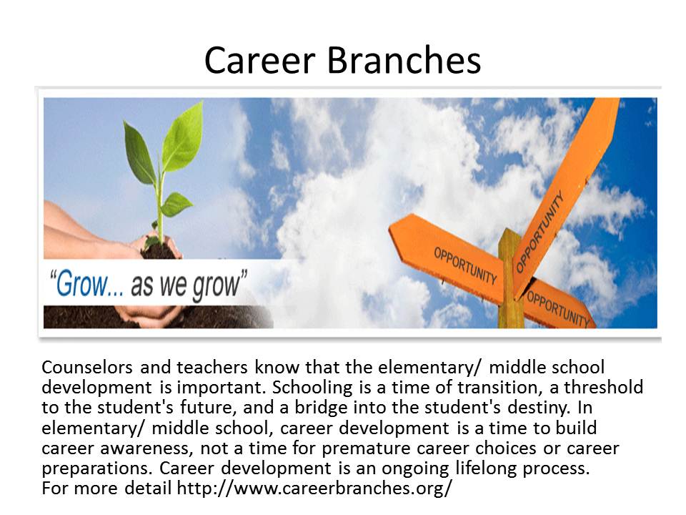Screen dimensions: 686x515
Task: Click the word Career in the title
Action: click(x=260, y=60)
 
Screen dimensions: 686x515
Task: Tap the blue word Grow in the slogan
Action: click(x=81, y=284)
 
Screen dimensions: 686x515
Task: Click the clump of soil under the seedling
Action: click(x=159, y=251)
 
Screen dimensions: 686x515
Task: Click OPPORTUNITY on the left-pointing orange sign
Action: click(x=465, y=265)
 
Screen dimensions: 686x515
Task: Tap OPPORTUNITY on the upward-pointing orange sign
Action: click(x=540, y=231)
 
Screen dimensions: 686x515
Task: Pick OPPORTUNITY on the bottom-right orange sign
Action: click(x=558, y=309)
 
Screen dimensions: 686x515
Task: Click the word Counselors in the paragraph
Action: click(x=86, y=367)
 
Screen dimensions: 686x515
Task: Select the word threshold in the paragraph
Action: click(x=603, y=387)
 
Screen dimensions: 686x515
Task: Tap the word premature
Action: click(x=367, y=448)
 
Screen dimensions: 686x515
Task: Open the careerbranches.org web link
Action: click(x=314, y=488)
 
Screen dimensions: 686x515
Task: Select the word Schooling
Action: click(x=312, y=388)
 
